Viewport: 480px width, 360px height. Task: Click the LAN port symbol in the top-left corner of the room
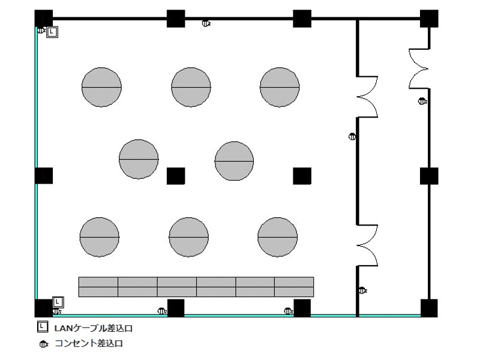point(52,32)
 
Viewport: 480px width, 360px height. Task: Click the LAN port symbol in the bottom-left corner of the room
point(58,302)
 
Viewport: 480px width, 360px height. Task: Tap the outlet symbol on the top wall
point(206,23)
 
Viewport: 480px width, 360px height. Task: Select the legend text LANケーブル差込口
point(94,328)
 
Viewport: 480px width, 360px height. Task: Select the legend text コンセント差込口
point(89,343)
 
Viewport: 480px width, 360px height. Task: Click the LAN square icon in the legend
point(43,326)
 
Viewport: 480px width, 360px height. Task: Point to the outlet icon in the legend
point(43,344)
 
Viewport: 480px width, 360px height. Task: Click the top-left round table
point(101,87)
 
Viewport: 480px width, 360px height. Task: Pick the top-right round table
point(280,87)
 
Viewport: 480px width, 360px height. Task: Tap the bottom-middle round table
point(189,237)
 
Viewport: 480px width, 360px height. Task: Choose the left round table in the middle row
point(139,159)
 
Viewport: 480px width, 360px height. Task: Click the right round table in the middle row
point(234,161)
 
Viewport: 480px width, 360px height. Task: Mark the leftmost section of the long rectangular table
point(98,287)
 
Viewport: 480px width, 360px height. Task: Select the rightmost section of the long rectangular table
point(294,287)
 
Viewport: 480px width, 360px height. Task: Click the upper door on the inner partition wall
point(367,97)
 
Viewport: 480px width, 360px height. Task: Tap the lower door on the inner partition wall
point(367,245)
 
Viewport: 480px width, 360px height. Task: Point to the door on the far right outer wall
point(419,69)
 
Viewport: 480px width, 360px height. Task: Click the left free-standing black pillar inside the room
point(176,176)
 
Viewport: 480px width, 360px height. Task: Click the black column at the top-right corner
point(429,19)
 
